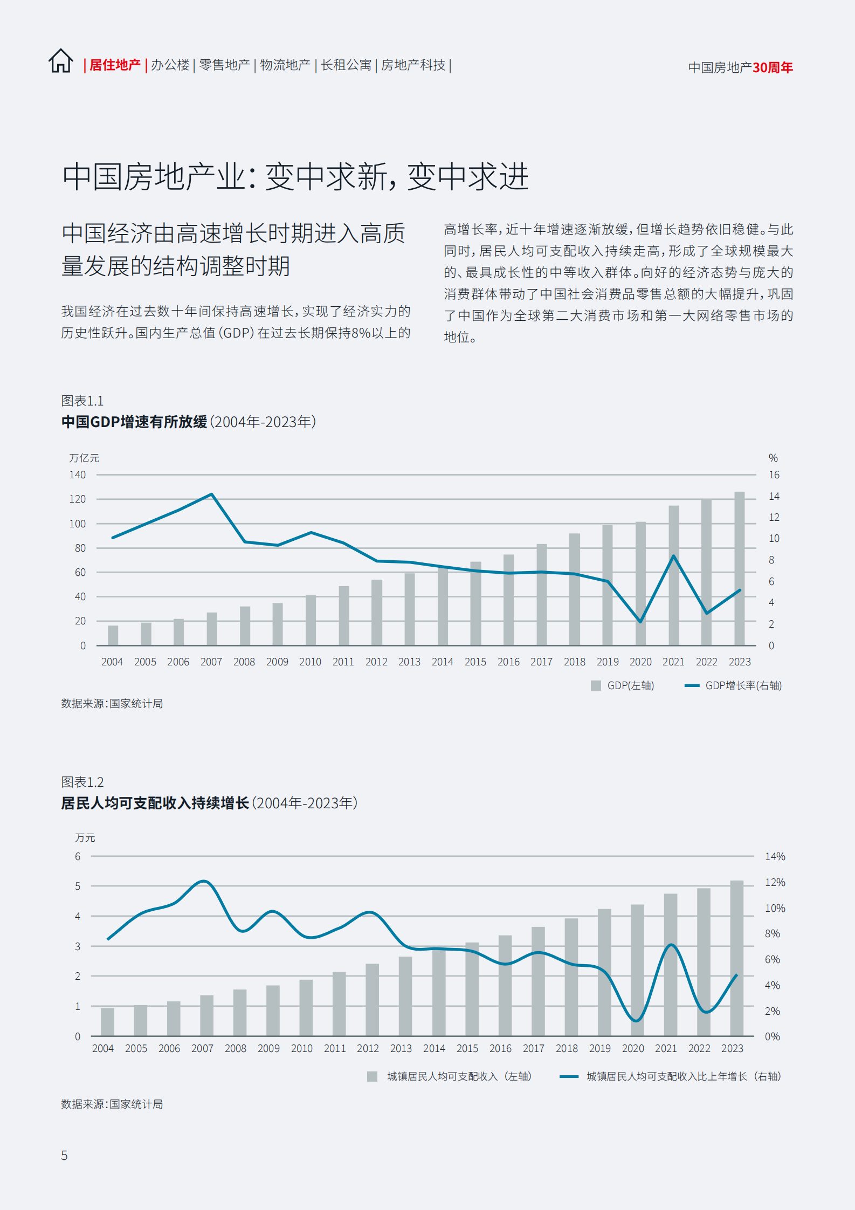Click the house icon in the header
[61, 61]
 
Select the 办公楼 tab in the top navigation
[170, 65]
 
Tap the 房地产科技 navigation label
[413, 65]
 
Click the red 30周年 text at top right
[773, 67]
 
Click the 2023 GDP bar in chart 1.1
[739, 568]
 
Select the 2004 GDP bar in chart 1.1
[113, 635]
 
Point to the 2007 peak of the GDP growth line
[211, 494]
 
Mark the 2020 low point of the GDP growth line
[640, 622]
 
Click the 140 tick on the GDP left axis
[77, 475]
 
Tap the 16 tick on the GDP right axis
[774, 475]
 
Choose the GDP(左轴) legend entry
[623, 685]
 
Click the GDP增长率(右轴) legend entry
[734, 685]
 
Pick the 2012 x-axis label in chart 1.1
[376, 662]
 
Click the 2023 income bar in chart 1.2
[736, 958]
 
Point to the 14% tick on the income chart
[775, 856]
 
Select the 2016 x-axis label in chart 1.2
[500, 1048]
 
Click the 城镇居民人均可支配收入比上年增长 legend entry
[671, 1076]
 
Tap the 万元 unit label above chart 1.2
[85, 837]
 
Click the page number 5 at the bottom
[64, 1155]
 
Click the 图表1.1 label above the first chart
[82, 401]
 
